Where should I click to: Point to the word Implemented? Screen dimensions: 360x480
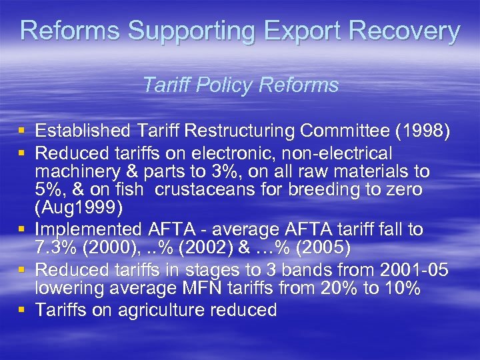tap(87, 230)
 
